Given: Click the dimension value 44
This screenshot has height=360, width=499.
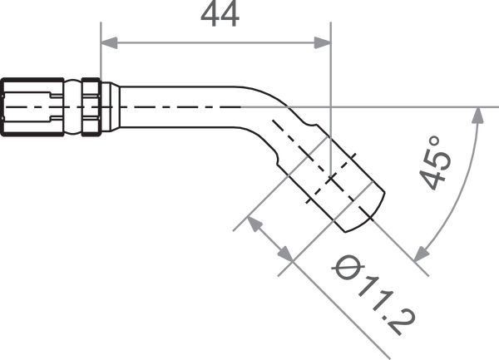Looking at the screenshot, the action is (220, 14).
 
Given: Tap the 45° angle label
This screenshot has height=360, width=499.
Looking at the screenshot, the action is (435, 163).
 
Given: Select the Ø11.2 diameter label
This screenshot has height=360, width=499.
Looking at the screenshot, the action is (373, 295).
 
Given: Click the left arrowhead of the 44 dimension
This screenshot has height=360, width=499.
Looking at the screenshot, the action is (109, 42).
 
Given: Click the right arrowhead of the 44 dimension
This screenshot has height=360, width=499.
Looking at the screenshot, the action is (323, 42).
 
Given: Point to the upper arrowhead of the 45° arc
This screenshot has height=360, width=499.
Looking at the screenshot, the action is (477, 116).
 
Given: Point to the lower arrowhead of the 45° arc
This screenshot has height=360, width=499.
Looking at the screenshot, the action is (421, 254).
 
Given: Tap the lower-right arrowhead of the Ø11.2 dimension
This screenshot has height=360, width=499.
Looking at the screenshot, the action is (285, 254).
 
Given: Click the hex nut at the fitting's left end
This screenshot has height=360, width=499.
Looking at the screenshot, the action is (32, 107).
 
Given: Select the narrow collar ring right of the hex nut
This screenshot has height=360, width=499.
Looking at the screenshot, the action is (91, 107).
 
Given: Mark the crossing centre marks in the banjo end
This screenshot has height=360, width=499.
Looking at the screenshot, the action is (331, 179).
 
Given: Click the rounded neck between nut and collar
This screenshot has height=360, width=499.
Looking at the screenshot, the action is (73, 107).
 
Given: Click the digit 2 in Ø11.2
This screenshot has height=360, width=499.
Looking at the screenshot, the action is (401, 322).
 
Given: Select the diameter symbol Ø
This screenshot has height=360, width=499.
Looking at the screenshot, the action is (348, 268).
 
